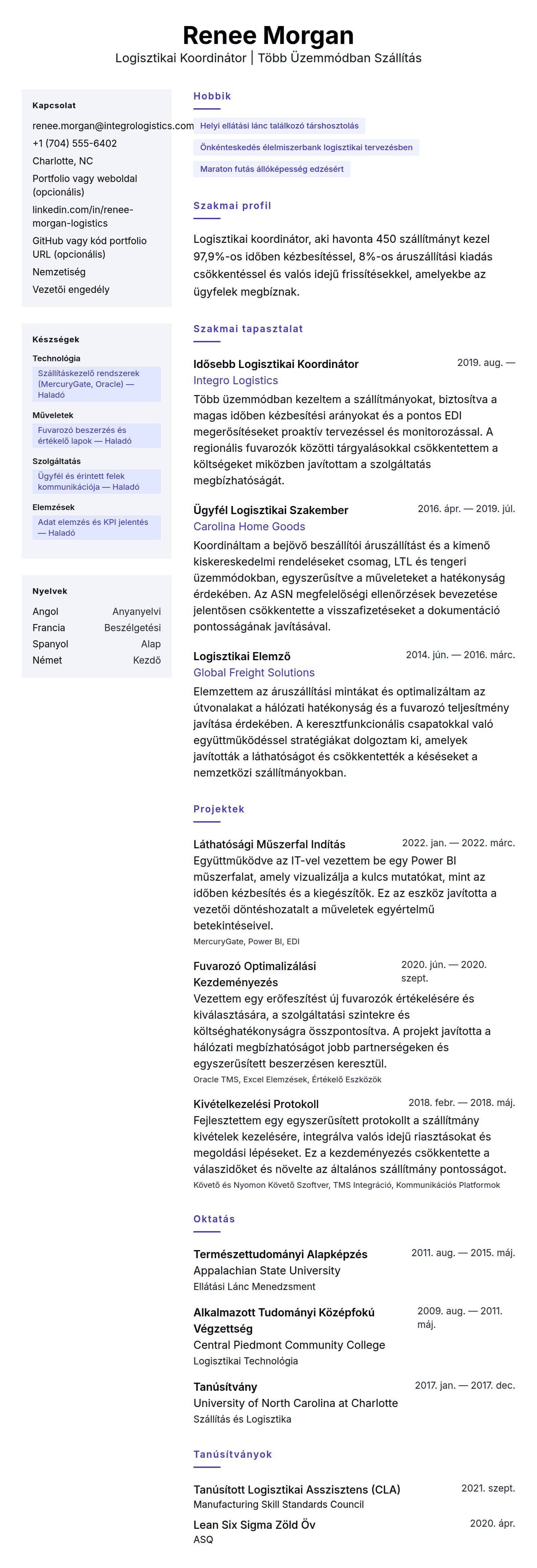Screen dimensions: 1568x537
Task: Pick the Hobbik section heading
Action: click(x=212, y=96)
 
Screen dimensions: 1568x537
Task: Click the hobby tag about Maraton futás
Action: click(x=272, y=169)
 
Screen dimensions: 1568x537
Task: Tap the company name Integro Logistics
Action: click(x=236, y=381)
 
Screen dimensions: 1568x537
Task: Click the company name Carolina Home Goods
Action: click(x=249, y=527)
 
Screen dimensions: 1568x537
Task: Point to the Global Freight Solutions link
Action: click(x=254, y=673)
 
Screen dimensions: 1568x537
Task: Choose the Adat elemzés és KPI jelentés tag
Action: click(x=96, y=527)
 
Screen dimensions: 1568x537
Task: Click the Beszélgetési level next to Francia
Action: click(x=132, y=627)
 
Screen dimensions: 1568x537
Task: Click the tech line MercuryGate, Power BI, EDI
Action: click(x=246, y=942)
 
